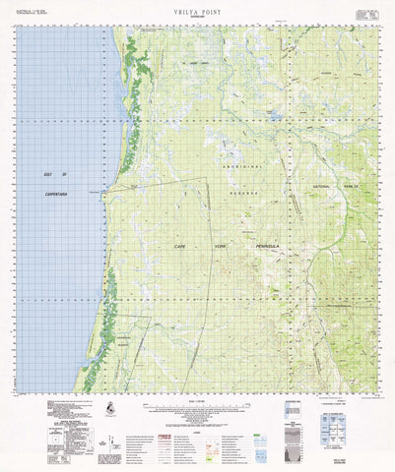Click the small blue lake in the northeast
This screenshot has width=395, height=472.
tap(276, 116)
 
